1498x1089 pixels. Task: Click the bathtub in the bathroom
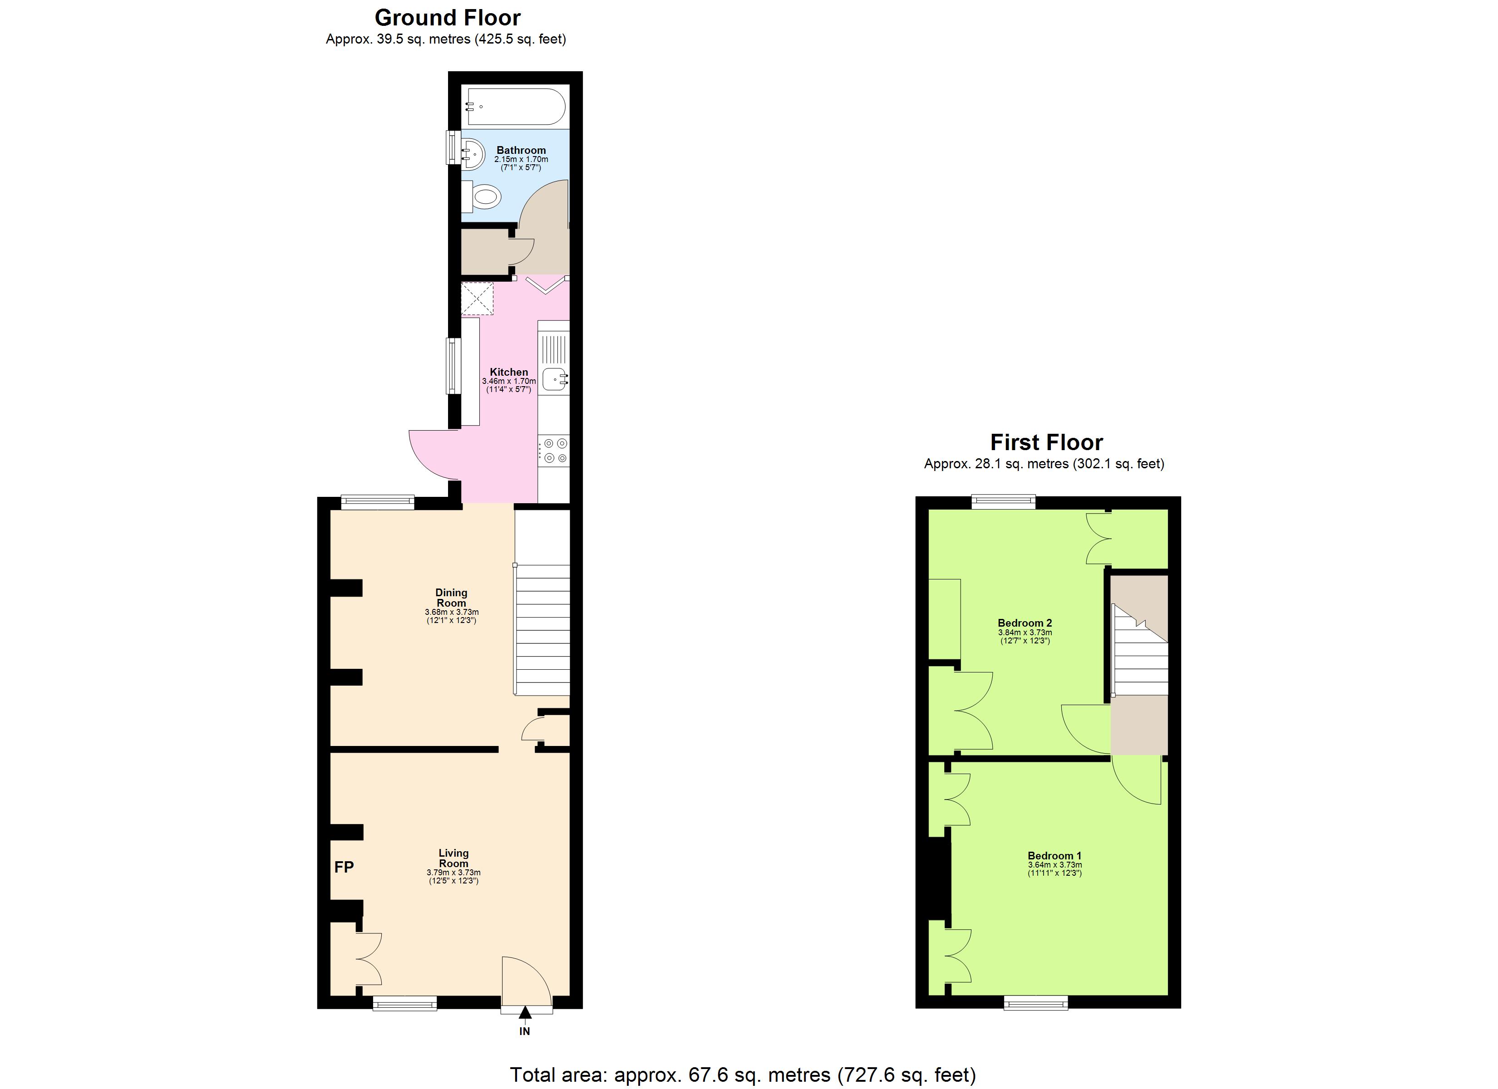(x=516, y=107)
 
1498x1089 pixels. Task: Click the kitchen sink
(x=555, y=380)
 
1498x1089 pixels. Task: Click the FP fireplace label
(x=344, y=867)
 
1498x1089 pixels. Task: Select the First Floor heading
(x=1046, y=442)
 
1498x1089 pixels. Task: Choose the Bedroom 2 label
(x=1025, y=623)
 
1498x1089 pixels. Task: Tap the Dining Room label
(x=451, y=598)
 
